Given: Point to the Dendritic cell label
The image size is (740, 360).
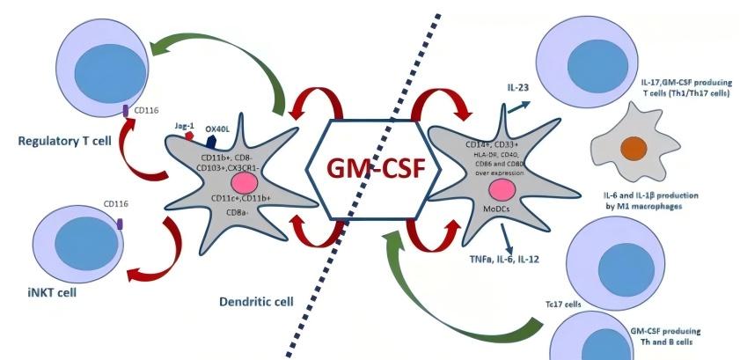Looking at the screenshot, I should tap(256, 301).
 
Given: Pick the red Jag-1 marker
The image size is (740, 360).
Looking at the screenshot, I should tap(188, 136).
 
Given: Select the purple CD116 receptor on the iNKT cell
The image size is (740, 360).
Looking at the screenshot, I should tap(120, 224).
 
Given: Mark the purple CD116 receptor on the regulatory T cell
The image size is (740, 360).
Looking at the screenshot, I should tap(125, 111).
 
